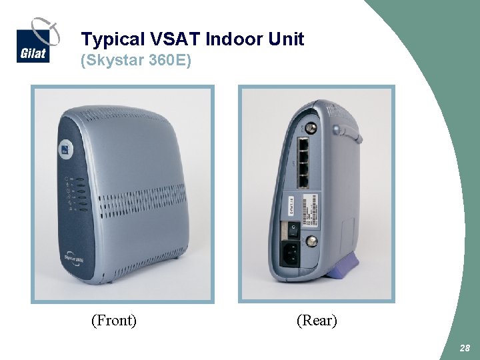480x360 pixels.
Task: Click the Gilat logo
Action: point(33,43)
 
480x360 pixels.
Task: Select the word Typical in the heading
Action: point(106,40)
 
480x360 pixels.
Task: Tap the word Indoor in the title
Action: point(236,39)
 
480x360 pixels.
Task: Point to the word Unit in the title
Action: point(287,39)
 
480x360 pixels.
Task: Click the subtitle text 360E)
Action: point(169,61)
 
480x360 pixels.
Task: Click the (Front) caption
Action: point(114,321)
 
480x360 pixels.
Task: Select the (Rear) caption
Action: point(317,321)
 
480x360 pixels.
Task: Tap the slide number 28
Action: point(465,349)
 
